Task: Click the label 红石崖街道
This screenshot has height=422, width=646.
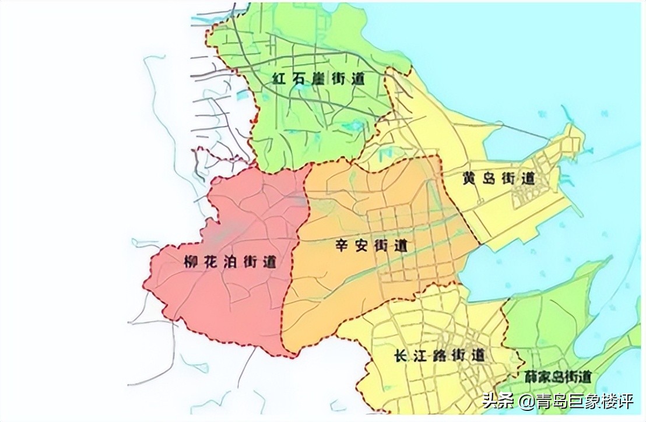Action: [x=318, y=80]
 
